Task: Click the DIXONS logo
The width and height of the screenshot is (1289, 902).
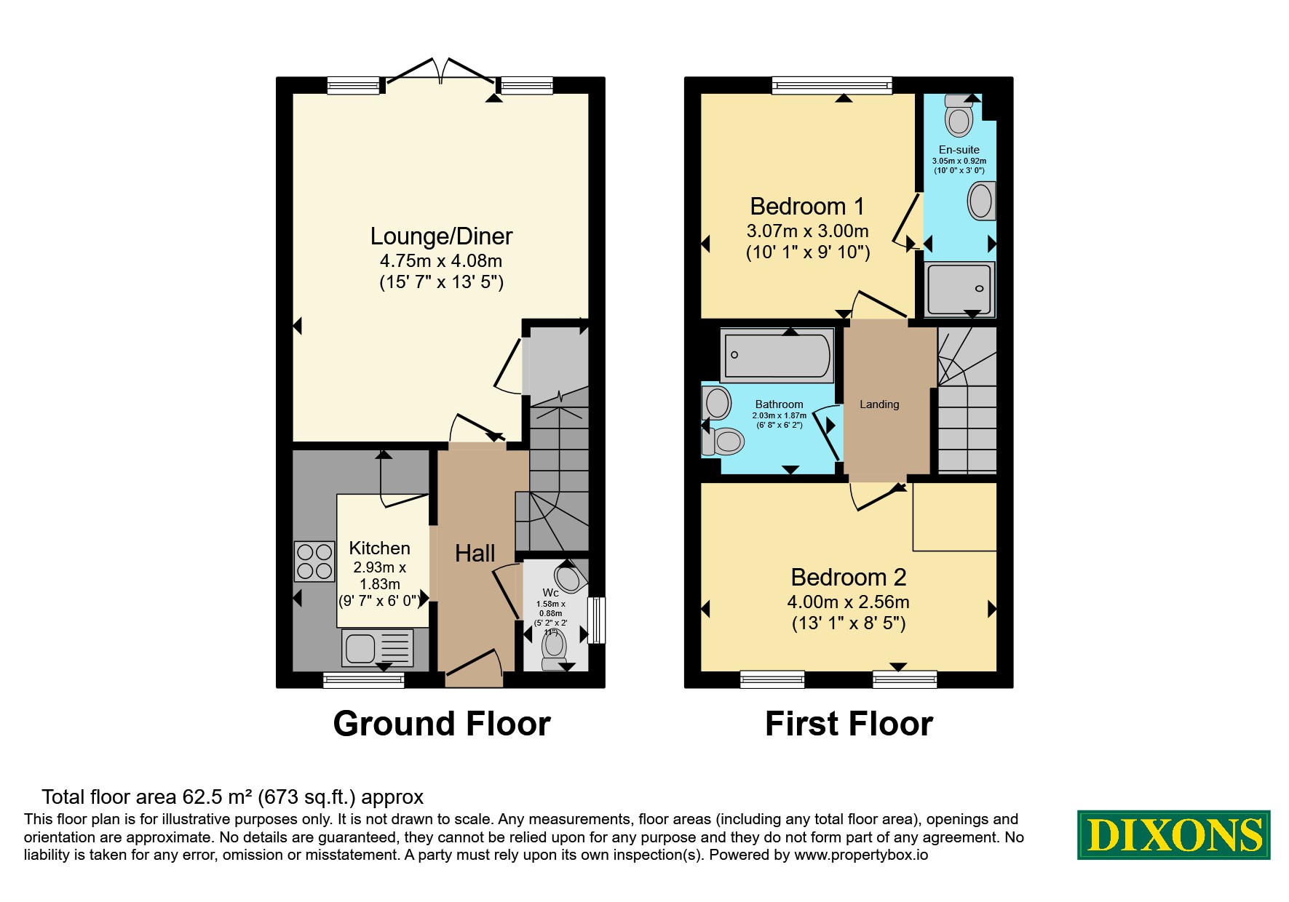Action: [x=1173, y=834]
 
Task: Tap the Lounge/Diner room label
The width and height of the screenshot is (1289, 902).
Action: [x=441, y=236]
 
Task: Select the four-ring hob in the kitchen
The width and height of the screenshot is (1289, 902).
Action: [x=314, y=562]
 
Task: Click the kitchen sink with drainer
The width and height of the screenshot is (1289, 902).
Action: [x=377, y=647]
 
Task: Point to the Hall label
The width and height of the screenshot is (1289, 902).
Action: [x=475, y=554]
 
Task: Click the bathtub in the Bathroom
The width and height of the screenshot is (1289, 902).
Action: [x=777, y=355]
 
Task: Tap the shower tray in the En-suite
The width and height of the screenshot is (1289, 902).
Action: [x=959, y=289]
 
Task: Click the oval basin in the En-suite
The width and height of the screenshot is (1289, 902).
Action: [x=981, y=200]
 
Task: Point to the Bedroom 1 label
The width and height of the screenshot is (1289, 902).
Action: [x=807, y=207]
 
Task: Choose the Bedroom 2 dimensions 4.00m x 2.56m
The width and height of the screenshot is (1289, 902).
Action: [x=848, y=602]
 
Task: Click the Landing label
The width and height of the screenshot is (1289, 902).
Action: [x=879, y=404]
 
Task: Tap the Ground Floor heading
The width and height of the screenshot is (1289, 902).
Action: [x=442, y=724]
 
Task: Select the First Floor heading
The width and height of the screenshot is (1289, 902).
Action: [x=849, y=724]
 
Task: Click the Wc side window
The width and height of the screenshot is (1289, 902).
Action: [x=596, y=620]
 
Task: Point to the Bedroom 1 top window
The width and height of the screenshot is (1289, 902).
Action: [x=832, y=86]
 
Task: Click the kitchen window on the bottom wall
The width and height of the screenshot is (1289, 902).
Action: [x=364, y=680]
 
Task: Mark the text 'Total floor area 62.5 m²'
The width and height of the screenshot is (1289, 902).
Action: [x=147, y=797]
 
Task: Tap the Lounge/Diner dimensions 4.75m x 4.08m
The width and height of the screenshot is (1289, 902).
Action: [x=441, y=261]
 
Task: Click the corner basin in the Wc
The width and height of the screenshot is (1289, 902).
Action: [x=568, y=578]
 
